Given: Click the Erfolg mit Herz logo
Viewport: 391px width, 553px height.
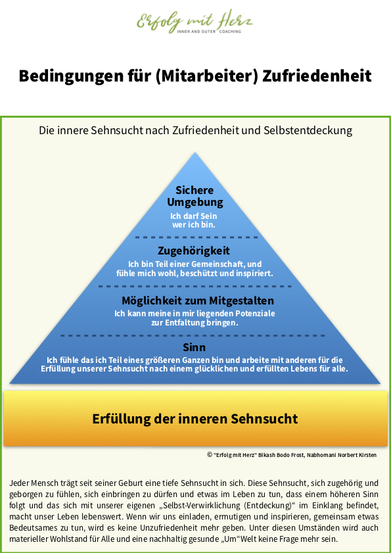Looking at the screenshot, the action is pos(195,22).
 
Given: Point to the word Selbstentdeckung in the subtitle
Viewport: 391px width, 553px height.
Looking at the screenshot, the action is pos(308,130).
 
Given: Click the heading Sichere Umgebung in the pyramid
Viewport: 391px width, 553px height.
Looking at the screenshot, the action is pos(195,196).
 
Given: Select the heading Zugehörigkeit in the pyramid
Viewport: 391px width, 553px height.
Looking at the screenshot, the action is pos(194,251).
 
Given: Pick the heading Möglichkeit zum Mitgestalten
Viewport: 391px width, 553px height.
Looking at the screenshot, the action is pos(198,301).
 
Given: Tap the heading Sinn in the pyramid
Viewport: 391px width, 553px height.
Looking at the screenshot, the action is pos(195,348).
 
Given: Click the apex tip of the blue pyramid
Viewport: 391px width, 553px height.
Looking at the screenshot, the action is pos(195,153).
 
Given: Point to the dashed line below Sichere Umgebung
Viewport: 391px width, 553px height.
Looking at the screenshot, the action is pos(196,237).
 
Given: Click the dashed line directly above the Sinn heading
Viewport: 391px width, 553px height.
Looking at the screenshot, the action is pos(193,336).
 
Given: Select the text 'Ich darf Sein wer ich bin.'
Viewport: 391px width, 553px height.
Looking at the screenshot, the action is pos(194,220).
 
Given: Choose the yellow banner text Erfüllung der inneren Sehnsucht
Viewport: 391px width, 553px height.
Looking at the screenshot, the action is pos(195,419).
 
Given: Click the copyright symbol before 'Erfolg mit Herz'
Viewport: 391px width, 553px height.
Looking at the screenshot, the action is pos(210,454).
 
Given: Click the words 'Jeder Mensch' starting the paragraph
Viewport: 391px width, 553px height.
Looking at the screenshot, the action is pos(32,483).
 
